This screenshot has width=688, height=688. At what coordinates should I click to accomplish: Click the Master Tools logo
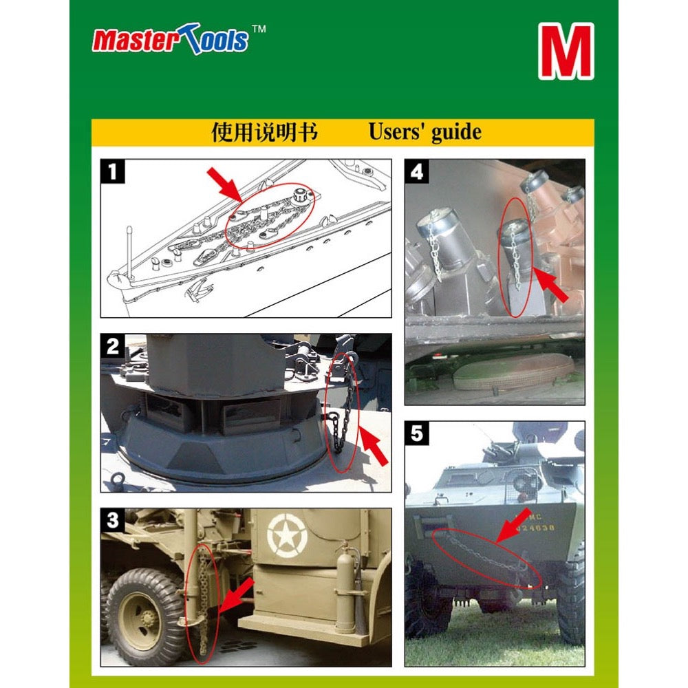170,39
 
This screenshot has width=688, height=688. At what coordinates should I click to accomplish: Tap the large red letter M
566,52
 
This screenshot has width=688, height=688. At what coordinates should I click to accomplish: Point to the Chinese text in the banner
264,132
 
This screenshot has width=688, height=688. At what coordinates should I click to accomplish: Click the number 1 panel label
113,171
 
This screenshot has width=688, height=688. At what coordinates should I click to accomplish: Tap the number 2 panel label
113,346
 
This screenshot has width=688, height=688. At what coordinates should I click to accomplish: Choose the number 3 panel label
113,520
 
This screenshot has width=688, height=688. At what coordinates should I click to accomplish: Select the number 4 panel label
416,171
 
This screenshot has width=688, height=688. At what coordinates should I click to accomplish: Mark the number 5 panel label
416,433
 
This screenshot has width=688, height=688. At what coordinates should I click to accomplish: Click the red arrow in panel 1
225,184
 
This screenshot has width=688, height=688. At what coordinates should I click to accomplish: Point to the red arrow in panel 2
373,445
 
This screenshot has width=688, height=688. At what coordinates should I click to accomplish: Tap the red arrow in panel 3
236,595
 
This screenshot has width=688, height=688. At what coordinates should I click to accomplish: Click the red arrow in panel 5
514,526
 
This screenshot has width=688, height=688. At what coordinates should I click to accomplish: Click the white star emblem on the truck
287,536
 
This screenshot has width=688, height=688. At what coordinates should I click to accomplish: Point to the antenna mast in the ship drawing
129,252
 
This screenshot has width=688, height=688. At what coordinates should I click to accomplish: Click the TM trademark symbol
259,29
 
